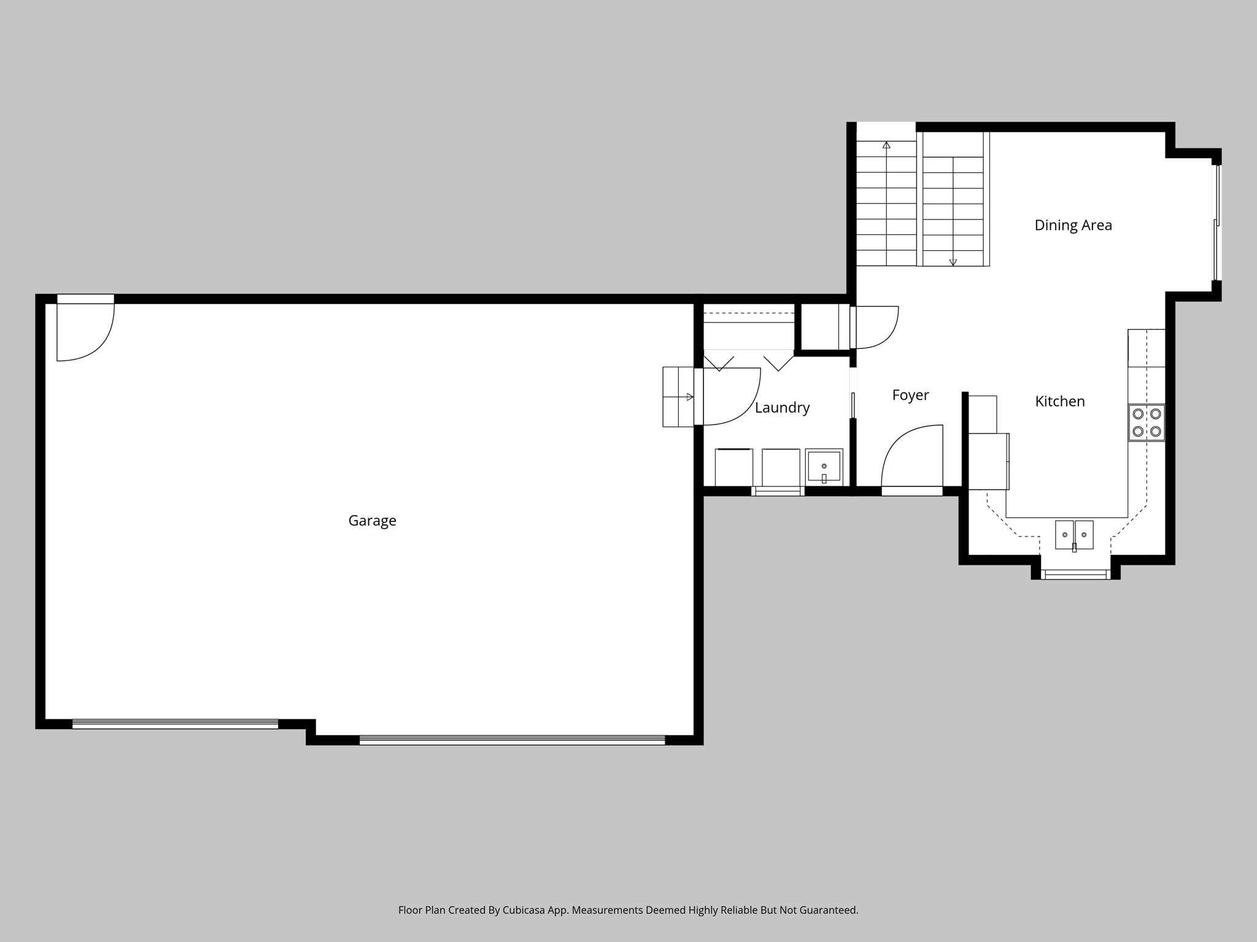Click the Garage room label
pos(372,521)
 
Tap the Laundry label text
pos(782,408)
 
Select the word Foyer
pos(910,396)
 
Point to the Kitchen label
pos(1060,402)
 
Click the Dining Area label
pos(1073,226)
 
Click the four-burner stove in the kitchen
pos(1147,423)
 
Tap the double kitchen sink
pos(1074,535)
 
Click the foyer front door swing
pos(913,457)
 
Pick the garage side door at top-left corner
pos(85,331)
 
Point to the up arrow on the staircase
pos(886,145)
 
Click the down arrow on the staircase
pos(953,262)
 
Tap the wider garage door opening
pos(512,740)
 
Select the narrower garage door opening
pos(175,724)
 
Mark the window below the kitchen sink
pos(1075,575)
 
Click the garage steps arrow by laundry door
pos(689,397)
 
